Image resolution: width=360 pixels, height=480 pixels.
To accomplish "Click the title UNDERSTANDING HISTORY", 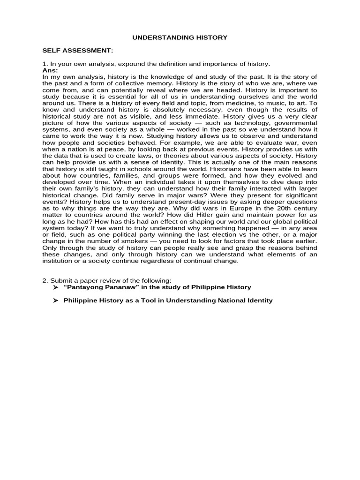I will click(180, 37).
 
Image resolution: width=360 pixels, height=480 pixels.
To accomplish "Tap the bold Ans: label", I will click(50, 70).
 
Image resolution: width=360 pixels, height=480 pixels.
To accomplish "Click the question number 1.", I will click(44, 64).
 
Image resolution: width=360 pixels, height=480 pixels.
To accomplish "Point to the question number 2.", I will click(44, 280).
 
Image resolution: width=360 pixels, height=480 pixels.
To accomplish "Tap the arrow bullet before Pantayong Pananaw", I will click(55, 287).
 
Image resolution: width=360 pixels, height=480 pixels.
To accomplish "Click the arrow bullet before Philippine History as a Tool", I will click(55, 300).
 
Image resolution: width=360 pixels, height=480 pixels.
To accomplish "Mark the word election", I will click(225, 234).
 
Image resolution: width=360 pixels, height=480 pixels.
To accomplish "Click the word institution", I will click(60, 261).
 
